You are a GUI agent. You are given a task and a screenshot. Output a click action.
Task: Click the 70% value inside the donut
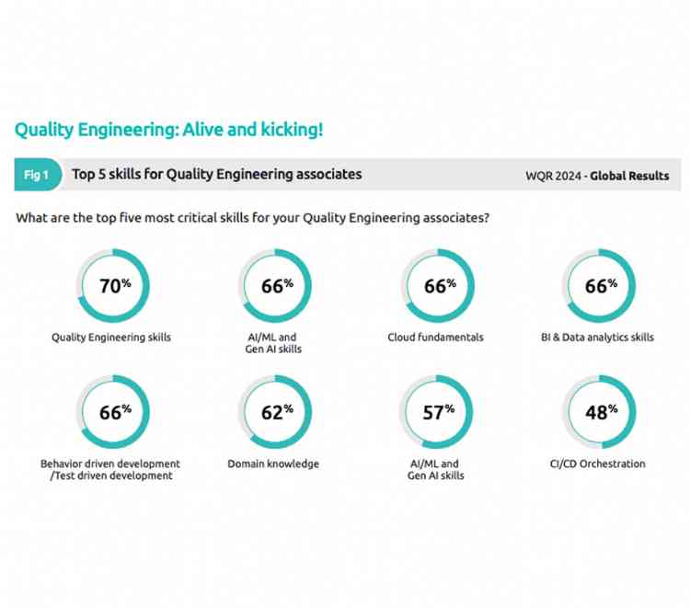click(x=114, y=286)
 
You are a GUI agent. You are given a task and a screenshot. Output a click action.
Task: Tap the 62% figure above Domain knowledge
click(x=276, y=413)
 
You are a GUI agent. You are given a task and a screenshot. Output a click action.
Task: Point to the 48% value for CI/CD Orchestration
click(x=600, y=413)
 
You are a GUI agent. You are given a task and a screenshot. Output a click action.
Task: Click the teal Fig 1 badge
click(x=37, y=175)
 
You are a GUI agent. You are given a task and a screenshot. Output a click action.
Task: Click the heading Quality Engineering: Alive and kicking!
click(x=168, y=130)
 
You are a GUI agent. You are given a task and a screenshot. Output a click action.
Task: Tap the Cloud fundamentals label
click(x=435, y=338)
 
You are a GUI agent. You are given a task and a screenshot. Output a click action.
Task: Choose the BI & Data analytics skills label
click(x=597, y=338)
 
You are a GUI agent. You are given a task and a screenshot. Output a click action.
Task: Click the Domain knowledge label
click(x=273, y=465)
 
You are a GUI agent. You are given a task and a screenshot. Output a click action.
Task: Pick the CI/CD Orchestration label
click(x=597, y=465)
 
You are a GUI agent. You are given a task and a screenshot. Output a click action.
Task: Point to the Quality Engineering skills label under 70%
click(x=111, y=338)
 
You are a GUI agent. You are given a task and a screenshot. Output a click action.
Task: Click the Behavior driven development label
click(x=110, y=465)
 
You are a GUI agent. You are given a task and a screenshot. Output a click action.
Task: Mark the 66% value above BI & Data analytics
click(x=600, y=286)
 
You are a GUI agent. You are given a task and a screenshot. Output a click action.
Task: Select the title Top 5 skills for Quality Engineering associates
click(x=217, y=175)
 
